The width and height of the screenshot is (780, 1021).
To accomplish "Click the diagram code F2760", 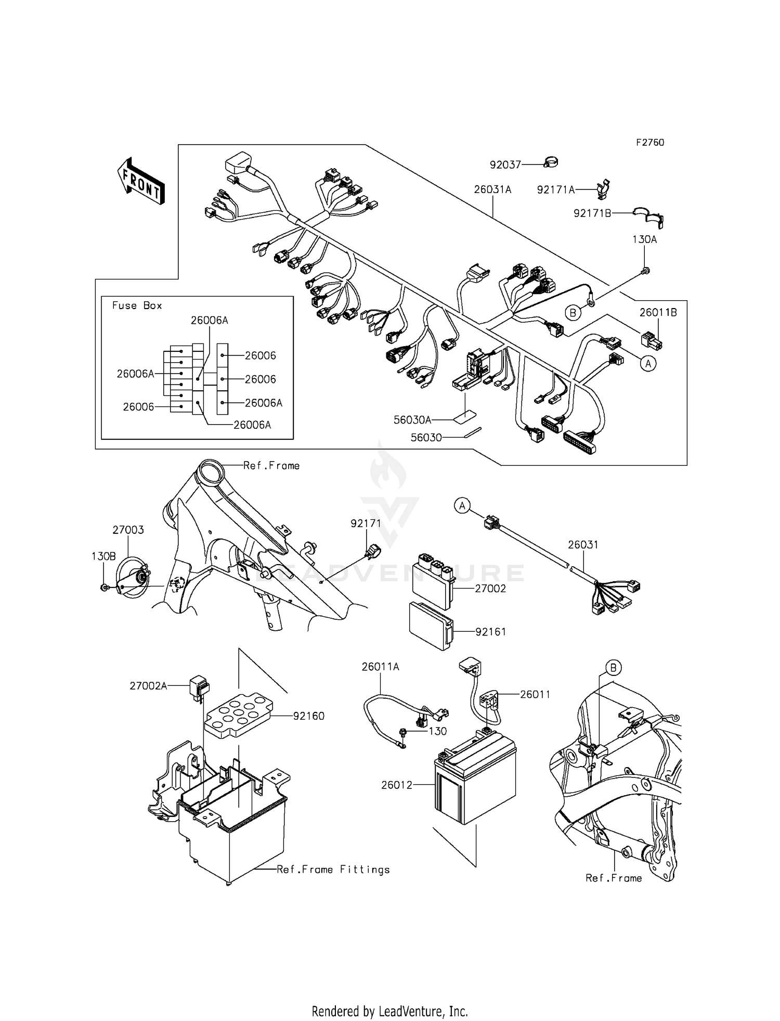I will coord(649,143).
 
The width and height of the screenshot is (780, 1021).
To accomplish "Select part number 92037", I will coord(505,165).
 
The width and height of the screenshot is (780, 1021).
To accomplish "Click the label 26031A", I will coord(492,190).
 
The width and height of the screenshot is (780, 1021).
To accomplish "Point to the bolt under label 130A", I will coord(645,270).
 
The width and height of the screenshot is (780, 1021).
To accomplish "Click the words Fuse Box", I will coord(137,305).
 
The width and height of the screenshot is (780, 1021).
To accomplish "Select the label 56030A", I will coord(413,419).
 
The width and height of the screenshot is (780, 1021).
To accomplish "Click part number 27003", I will coord(128,530).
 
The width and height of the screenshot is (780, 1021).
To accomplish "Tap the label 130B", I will coord(103,556).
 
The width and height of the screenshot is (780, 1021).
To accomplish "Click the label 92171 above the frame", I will coord(366,524).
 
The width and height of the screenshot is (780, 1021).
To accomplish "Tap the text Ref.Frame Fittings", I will coord(333,870).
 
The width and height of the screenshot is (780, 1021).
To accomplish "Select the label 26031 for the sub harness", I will coord(583,545).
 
